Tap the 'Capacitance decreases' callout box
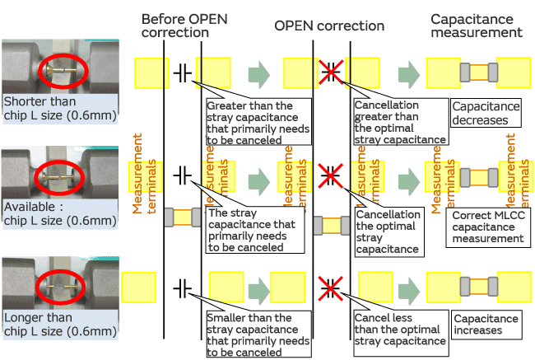[485, 113]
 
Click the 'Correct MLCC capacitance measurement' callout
[487, 227]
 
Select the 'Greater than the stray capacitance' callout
[258, 122]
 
